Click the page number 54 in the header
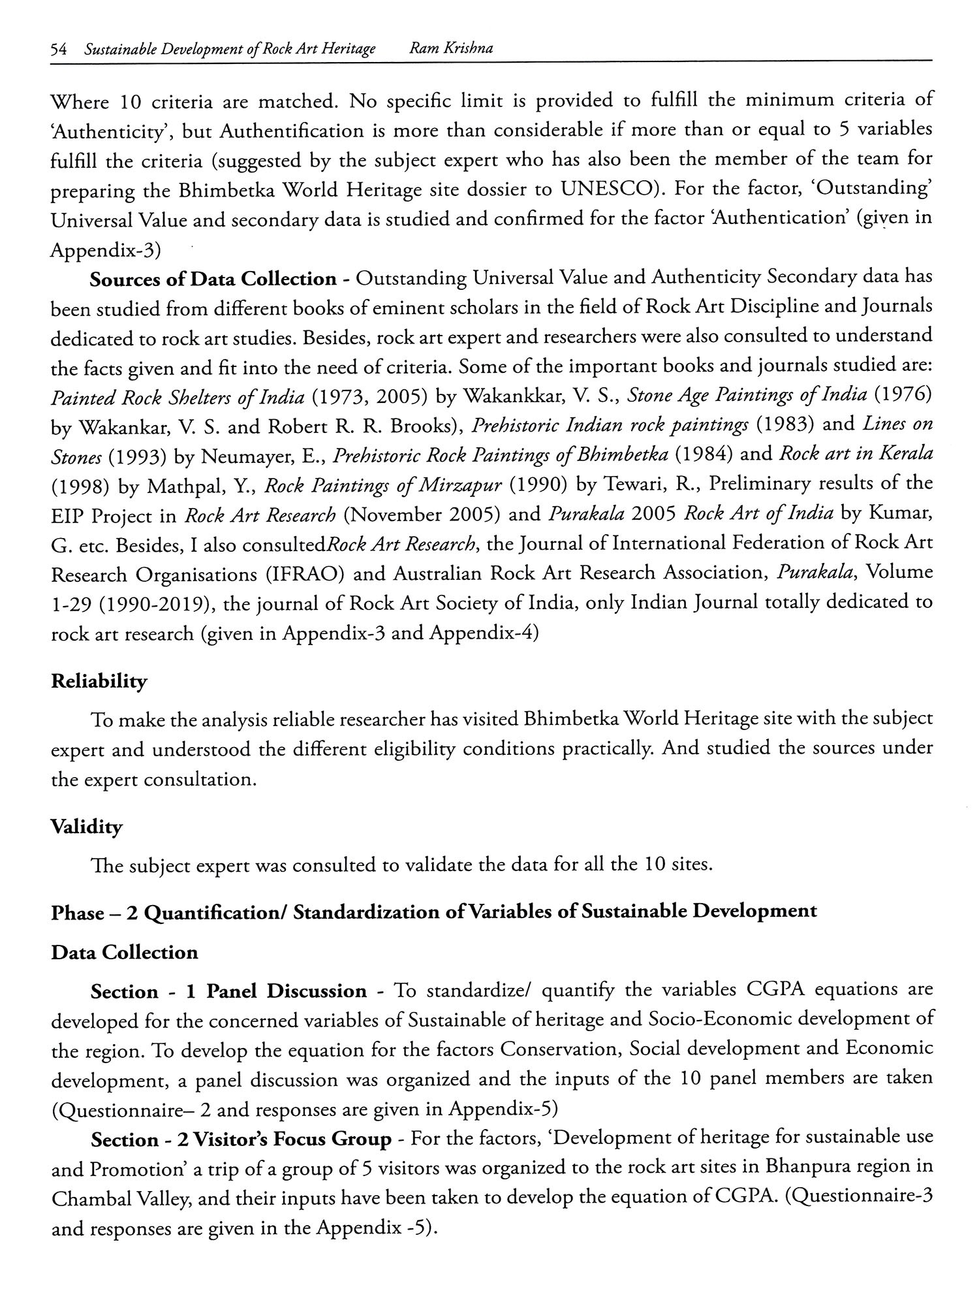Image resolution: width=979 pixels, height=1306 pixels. coord(59,50)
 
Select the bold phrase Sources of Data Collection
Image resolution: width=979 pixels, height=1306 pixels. coord(213,279)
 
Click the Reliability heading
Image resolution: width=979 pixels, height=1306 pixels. coord(99,681)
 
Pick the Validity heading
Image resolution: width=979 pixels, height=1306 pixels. coord(86,827)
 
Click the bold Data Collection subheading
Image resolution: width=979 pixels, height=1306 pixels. coord(124,952)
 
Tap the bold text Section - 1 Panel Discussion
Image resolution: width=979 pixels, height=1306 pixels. coord(228,991)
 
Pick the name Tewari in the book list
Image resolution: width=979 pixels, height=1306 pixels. coord(627,485)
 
